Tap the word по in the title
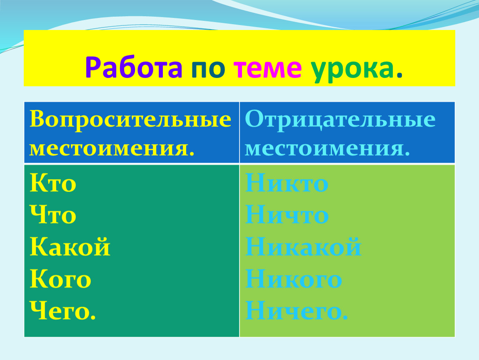(x=208, y=69)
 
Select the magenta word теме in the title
(x=267, y=69)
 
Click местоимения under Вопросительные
(x=112, y=149)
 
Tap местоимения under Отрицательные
(x=327, y=149)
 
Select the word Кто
(x=53, y=183)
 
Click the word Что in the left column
(x=53, y=215)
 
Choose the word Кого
(x=60, y=279)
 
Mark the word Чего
(x=63, y=310)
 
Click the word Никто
(x=287, y=183)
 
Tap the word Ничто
(x=287, y=215)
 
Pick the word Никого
(x=294, y=279)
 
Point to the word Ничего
(x=297, y=310)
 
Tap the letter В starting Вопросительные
(x=37, y=119)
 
